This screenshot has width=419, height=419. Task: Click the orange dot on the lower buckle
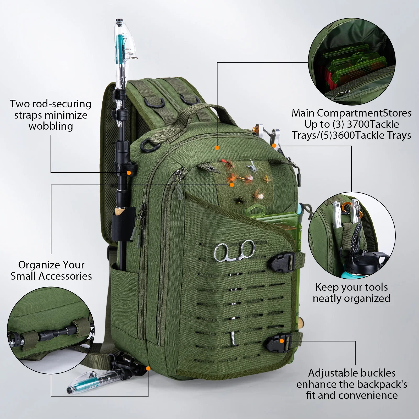coord(282,341)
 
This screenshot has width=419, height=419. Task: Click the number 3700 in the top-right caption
coord(358,124)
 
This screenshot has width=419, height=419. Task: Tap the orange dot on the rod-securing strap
coord(129,173)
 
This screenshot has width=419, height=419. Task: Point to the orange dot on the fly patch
coord(231,185)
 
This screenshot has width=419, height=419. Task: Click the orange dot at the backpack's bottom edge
coord(148,368)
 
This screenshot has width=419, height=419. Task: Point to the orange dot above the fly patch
coord(217,148)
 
